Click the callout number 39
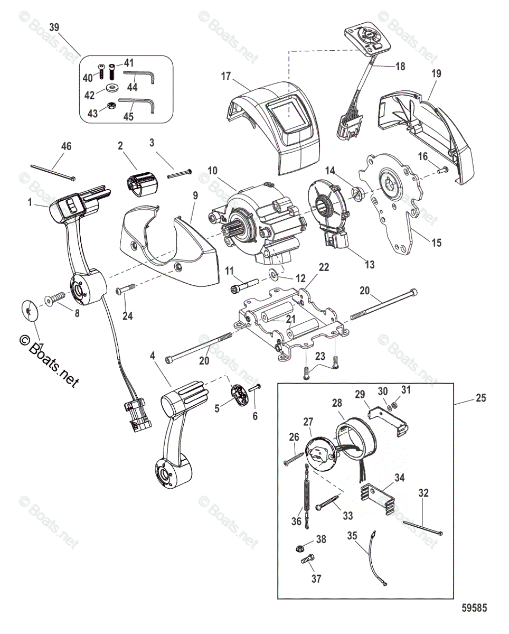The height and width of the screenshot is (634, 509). click(x=54, y=27)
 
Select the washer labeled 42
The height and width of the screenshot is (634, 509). click(x=111, y=87)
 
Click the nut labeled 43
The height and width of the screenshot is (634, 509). click(x=111, y=106)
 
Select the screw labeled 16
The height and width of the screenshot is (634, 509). click(x=443, y=169)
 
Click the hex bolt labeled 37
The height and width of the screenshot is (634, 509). click(x=309, y=557)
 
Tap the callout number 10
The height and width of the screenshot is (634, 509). click(x=212, y=170)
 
